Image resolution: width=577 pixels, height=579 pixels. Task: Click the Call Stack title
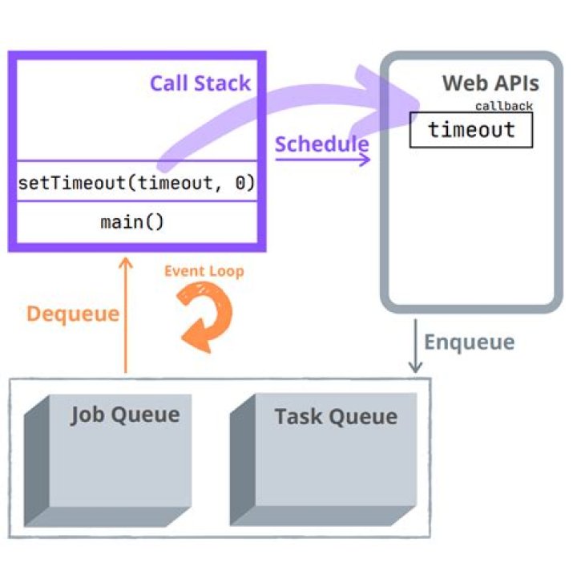point(200,83)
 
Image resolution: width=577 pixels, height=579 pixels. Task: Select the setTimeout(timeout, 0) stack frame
point(136,184)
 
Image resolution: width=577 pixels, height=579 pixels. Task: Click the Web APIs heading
point(490,84)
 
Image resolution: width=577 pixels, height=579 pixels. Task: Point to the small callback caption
point(503,106)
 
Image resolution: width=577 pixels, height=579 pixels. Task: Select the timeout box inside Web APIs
point(471,130)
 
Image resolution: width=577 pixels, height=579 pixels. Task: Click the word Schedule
point(321,144)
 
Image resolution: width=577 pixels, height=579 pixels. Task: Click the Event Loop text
point(204,271)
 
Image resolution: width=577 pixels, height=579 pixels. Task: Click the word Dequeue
point(72,314)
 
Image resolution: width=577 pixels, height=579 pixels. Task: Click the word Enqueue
point(469,342)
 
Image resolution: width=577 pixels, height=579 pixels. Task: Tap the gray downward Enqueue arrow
point(415,346)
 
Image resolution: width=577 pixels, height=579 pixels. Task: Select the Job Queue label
point(124,415)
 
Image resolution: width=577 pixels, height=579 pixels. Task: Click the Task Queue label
point(335,417)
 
